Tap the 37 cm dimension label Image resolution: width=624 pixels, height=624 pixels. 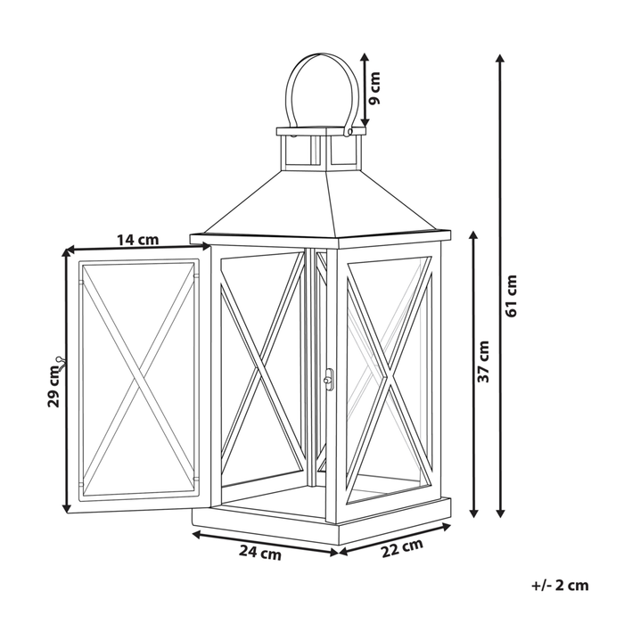[484, 361]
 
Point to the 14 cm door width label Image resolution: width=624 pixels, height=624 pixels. [138, 239]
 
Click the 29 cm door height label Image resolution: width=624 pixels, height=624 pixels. [53, 385]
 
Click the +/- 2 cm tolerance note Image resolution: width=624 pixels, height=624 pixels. [560, 585]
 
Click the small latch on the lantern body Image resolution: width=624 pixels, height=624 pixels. [327, 379]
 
